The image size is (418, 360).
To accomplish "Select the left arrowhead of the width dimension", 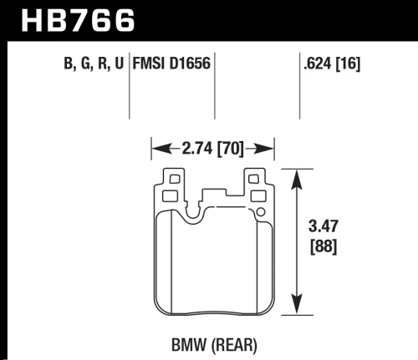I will [x=155, y=151].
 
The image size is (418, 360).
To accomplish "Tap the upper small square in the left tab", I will [x=172, y=179].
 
